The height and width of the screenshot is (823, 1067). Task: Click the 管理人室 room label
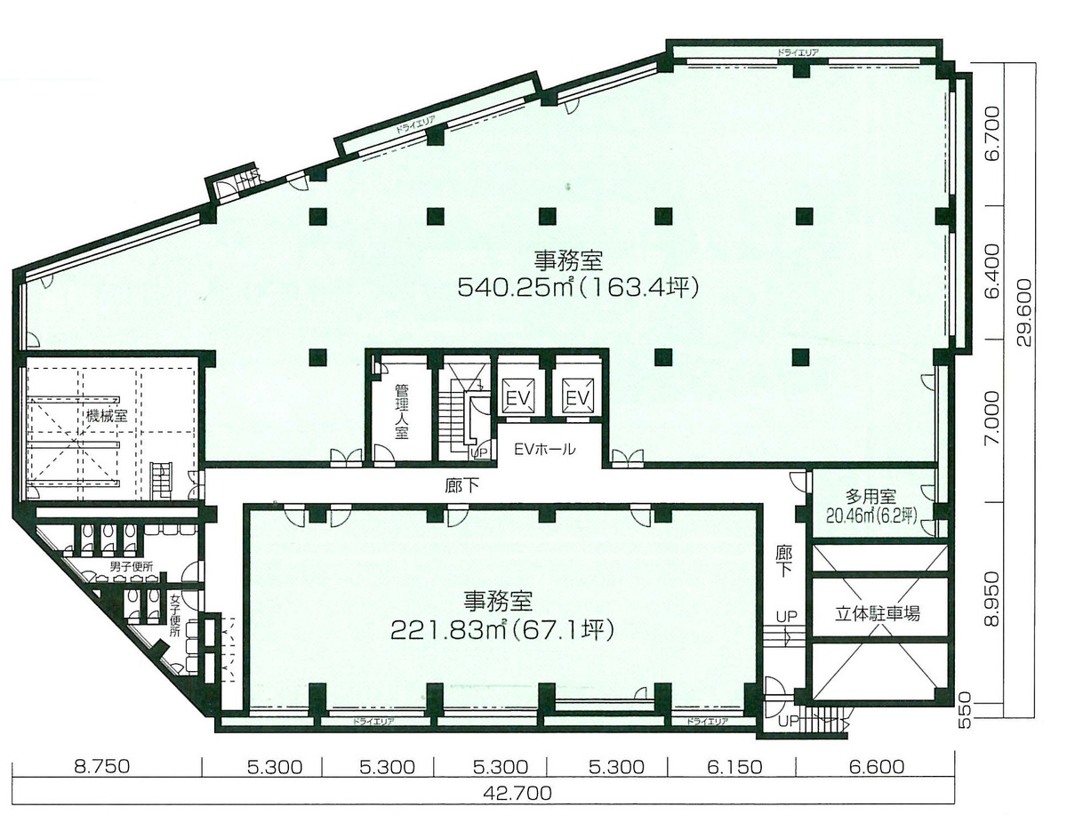[x=401, y=411]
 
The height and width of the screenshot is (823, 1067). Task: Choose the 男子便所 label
[x=132, y=566]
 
